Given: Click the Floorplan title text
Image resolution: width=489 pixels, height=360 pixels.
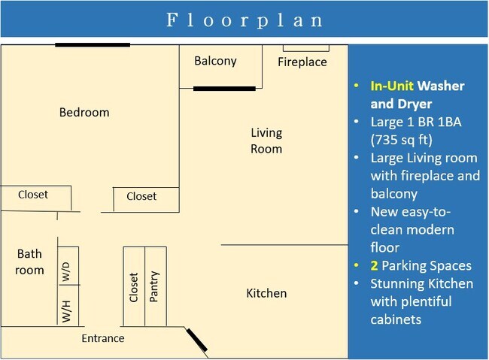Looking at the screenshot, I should (x=244, y=20).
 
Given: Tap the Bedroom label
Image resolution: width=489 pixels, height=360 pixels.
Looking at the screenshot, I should (x=84, y=113).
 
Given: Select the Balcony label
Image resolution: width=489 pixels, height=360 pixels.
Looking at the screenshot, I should (x=215, y=61).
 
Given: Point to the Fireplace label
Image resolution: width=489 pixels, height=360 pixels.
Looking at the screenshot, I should (x=302, y=62).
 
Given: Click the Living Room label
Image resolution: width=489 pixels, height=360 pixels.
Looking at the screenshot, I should (x=266, y=141).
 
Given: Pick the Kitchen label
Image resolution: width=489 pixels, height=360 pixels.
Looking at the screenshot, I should (x=266, y=293).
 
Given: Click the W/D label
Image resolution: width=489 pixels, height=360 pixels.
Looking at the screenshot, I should (x=67, y=271).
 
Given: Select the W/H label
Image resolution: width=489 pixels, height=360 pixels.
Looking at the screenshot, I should (x=67, y=310).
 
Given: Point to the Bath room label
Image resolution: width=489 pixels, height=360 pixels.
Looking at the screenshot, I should (x=30, y=262).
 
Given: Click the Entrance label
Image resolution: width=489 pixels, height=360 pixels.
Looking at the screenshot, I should (x=103, y=338).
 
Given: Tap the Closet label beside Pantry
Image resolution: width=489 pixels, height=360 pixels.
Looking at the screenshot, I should (x=134, y=286).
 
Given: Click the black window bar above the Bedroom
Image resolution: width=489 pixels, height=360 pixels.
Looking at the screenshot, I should (x=92, y=44).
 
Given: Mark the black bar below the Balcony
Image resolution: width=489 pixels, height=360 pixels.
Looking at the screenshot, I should (x=224, y=89).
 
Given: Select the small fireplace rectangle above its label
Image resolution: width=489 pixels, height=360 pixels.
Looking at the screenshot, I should (x=303, y=49).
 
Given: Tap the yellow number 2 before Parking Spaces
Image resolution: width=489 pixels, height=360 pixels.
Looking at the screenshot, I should (x=374, y=265).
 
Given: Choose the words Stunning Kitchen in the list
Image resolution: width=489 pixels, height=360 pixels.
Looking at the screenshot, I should (x=422, y=283).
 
